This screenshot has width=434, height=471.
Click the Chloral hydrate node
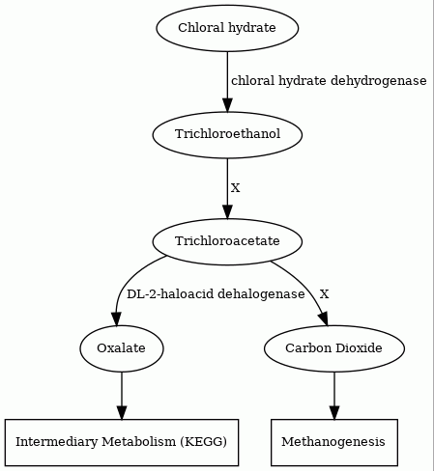click(227, 28)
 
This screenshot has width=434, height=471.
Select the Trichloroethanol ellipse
click(227, 135)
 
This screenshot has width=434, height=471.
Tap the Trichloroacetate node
click(227, 241)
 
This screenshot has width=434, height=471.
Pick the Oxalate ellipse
click(122, 348)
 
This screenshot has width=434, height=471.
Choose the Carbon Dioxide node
click(334, 348)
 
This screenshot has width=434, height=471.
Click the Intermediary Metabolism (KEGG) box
click(122, 442)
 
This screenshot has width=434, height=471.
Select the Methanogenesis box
click(334, 442)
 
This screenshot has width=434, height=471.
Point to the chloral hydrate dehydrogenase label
click(329, 81)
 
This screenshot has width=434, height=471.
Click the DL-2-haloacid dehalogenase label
click(216, 294)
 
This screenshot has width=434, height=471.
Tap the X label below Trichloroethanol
click(236, 187)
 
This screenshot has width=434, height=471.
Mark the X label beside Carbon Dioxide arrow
click(324, 294)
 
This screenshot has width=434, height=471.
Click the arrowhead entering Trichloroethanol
click(227, 105)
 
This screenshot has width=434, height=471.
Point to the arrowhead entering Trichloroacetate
click(227, 212)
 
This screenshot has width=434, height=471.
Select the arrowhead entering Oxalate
click(116, 319)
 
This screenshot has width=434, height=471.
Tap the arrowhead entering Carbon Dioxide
click(324, 319)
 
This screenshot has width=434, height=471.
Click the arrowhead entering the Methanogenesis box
click(334, 413)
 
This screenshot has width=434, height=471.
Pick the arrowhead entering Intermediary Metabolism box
click(122, 413)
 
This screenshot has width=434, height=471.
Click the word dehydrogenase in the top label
click(379, 81)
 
